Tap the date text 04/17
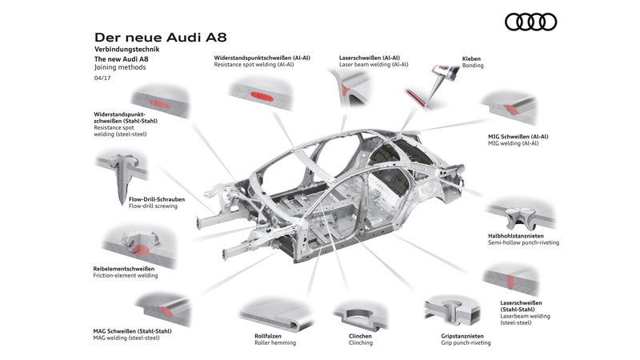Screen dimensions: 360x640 (102, 78)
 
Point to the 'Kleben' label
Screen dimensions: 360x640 (473, 58)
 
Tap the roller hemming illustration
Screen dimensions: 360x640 (272, 313)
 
